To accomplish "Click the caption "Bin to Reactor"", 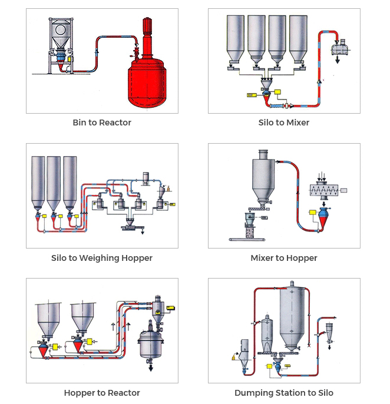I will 102,122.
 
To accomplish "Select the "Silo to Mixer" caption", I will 284,122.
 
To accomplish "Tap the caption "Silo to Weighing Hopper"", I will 102,258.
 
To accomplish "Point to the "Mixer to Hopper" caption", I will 284,258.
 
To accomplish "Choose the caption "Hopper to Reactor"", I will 102,393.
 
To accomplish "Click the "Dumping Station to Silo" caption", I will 284,393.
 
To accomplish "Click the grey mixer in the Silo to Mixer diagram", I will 341,47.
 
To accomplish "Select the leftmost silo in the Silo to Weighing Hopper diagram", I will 38,180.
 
